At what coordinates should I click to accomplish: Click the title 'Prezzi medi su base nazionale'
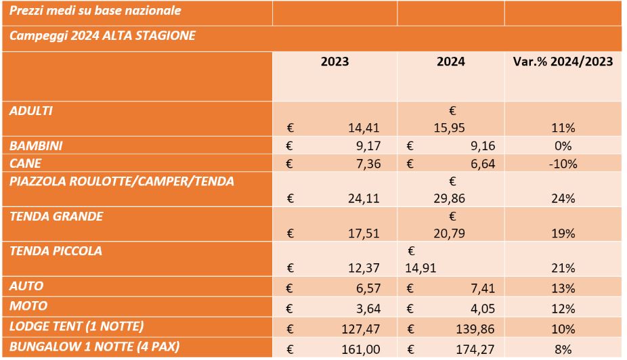click(95, 11)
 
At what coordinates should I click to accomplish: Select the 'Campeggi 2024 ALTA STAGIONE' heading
click(103, 35)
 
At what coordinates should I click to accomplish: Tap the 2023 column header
click(334, 62)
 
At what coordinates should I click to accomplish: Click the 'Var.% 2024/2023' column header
click(563, 62)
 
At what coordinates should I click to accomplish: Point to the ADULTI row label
click(31, 110)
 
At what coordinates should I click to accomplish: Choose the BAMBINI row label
click(35, 145)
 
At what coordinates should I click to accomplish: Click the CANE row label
click(25, 163)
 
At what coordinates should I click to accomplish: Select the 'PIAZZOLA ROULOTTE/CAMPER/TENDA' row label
click(122, 181)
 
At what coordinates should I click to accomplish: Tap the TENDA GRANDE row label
click(56, 216)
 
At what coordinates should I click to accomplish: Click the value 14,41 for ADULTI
click(364, 127)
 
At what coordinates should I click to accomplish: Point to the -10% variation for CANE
click(563, 163)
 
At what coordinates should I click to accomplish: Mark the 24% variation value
click(563, 198)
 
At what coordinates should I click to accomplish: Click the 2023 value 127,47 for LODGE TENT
click(359, 330)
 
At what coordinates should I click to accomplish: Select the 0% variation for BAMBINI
click(563, 145)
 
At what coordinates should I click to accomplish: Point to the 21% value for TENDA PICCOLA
click(563, 269)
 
